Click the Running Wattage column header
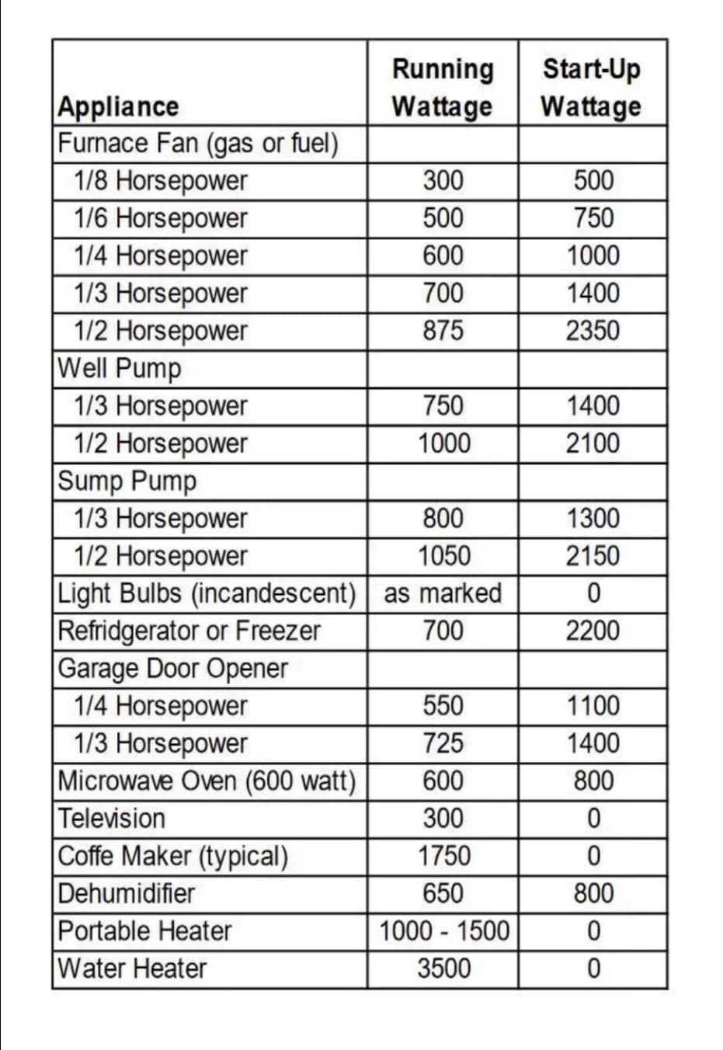coord(443,87)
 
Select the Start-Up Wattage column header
coord(592,87)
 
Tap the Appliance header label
coord(118,106)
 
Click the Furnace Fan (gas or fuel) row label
coord(198,144)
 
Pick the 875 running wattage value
coord(443,331)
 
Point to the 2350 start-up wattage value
coord(593,331)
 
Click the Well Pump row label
coord(120,368)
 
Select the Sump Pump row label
coord(127,481)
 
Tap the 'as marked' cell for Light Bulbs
coord(443,593)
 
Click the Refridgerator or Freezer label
coord(189,631)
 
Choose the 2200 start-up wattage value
coord(593,631)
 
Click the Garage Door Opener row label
coord(172,669)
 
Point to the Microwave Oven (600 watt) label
coord(207,781)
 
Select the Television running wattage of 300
coord(443,819)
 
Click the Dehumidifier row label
coord(127,893)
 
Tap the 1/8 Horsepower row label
coord(160,181)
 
